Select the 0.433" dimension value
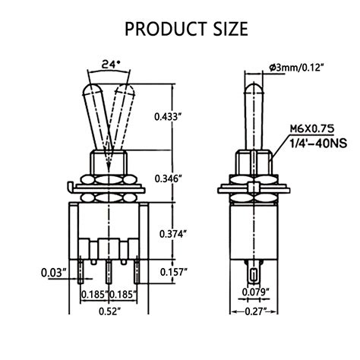(168, 117)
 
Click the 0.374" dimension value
(168, 234)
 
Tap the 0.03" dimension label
(52, 272)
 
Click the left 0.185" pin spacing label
(93, 293)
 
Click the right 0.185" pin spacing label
(122, 293)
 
